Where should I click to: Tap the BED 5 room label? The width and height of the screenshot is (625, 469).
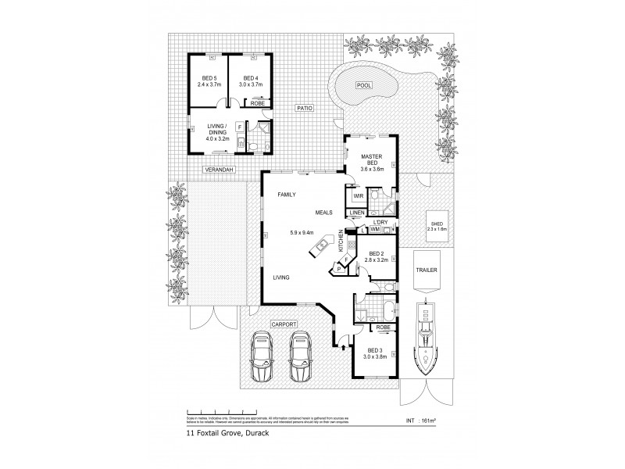pos(209,79)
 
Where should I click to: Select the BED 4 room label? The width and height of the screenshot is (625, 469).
pos(249,79)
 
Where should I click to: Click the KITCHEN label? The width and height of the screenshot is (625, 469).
pos(341,240)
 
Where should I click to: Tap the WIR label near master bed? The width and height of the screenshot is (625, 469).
pos(359,196)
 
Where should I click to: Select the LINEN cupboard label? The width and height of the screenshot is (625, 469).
pos(358,213)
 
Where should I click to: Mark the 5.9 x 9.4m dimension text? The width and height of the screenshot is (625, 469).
pos(300,231)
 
